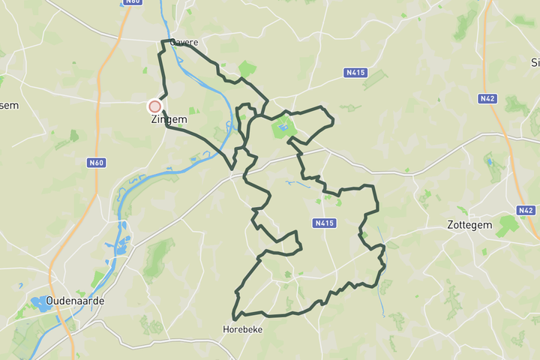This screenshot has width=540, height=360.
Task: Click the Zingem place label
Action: [169, 119]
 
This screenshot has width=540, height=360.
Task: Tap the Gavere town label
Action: [184, 43]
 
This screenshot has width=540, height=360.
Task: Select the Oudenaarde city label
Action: [75, 301]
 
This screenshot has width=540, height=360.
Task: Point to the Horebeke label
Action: [243, 329]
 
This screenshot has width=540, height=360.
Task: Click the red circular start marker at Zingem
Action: [155, 107]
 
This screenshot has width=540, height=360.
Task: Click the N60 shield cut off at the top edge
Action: [133, 2]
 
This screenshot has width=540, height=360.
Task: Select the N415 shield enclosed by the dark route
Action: [324, 223]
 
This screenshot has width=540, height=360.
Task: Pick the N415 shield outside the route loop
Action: [355, 73]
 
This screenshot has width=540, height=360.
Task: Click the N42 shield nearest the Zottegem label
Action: [526, 211]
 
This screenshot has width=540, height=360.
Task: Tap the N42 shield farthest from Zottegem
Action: [487, 98]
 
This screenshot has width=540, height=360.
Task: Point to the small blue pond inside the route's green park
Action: [281, 128]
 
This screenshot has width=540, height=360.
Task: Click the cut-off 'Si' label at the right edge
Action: [535, 62]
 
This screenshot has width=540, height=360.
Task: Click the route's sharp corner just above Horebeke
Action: [234, 319]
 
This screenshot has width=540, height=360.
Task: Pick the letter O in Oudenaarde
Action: [50, 301]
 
